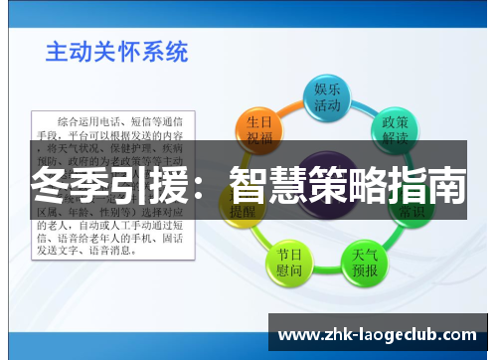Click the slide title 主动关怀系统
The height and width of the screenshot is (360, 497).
pyautogui.click(x=116, y=51)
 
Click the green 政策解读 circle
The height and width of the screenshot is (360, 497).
pyautogui.click(x=396, y=129)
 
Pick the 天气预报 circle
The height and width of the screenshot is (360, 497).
pyautogui.click(x=365, y=262)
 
